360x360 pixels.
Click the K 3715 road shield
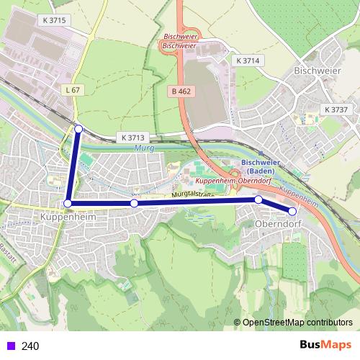tap(54, 20)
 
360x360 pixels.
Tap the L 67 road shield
tap(72, 89)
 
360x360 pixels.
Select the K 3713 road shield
tap(133, 137)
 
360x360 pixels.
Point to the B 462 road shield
tap(180, 91)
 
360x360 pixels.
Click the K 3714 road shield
tap(247, 61)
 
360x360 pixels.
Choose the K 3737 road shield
tap(336, 109)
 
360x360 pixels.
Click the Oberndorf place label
tap(277, 224)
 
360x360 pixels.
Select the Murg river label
tap(144, 148)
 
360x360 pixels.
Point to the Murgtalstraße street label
tap(195, 195)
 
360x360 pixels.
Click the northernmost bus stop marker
tap(78, 129)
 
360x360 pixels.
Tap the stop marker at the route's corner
tap(68, 204)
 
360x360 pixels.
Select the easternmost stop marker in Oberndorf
tap(292, 211)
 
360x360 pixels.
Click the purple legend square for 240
tap(9, 346)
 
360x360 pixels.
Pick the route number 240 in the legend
tap(30, 346)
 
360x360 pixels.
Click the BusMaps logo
tap(325, 345)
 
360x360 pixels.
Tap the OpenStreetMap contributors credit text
tap(297, 323)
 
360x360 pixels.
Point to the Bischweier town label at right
tap(317, 71)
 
